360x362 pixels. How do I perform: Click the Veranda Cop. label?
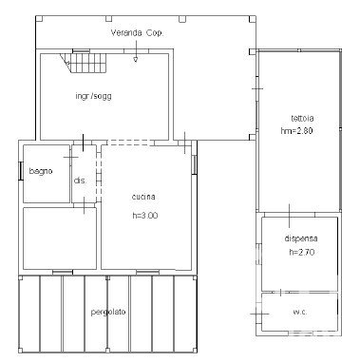pos(137,33)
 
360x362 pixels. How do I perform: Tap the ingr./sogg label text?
pos(93,96)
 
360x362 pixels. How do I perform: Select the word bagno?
pos(41,171)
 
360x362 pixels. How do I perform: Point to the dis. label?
pos(80,181)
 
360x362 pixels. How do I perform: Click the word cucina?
pos(143,197)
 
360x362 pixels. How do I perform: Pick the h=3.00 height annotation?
pos(145,216)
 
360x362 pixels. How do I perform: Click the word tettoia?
pos(302,118)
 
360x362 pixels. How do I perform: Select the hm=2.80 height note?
pos(296,131)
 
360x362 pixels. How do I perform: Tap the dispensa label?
pos(301,238)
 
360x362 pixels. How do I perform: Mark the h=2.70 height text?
pos(302,253)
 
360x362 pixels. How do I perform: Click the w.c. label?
pos(299,312)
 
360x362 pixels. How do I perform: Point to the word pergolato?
pos(108,312)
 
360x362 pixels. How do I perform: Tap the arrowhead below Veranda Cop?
pos(136,59)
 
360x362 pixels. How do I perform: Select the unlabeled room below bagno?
pos(60,238)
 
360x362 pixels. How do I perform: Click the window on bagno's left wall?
pos(21,171)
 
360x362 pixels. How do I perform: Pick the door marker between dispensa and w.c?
pos(280,292)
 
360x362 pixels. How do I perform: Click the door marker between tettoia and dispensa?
pos(290,216)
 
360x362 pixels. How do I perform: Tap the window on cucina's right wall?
pos(194,164)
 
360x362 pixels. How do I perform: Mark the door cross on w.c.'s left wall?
pos(260,314)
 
